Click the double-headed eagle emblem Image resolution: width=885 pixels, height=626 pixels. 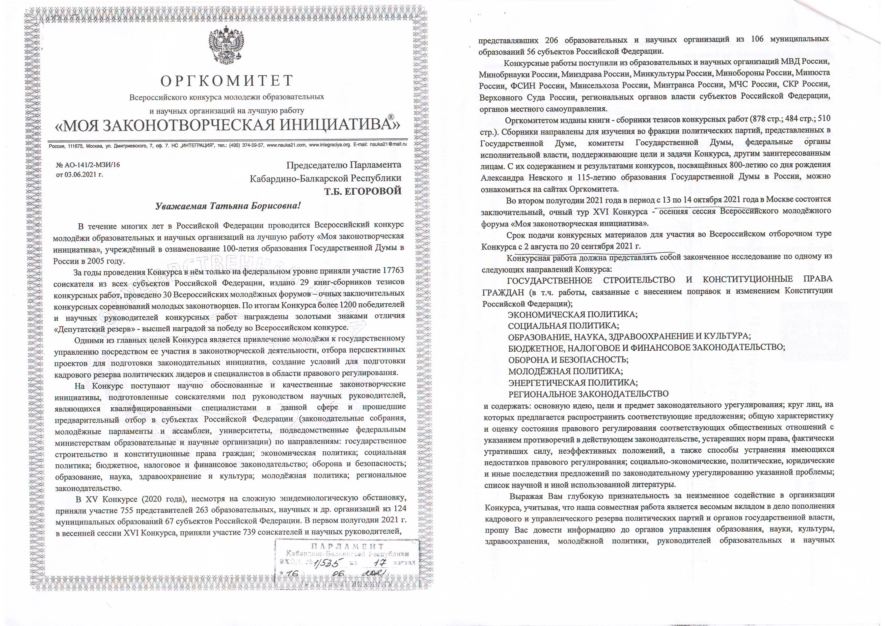coord(227,46)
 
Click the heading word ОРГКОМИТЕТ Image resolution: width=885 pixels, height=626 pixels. coord(227,81)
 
